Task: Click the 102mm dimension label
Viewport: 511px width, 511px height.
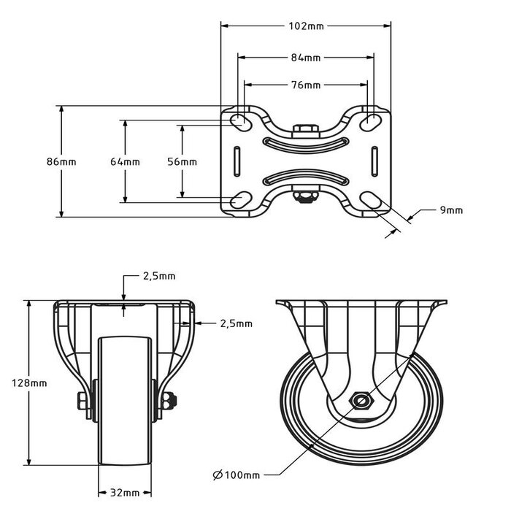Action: pos(306,26)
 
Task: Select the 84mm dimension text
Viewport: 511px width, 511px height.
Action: pos(306,57)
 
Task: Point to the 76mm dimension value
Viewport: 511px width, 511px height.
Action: pos(306,85)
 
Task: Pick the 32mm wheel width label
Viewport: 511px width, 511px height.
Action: pos(124,492)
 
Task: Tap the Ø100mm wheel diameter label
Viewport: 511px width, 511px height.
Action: pos(237,475)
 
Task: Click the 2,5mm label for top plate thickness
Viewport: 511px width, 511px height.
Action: pos(160,276)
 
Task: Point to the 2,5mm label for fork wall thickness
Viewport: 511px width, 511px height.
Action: pos(237,323)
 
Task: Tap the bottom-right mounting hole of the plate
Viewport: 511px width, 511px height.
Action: pos(372,201)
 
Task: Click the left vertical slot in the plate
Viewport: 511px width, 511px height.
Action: pos(237,161)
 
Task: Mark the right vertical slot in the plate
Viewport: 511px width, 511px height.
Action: pos(374,161)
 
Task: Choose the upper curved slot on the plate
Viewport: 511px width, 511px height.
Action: pos(306,142)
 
